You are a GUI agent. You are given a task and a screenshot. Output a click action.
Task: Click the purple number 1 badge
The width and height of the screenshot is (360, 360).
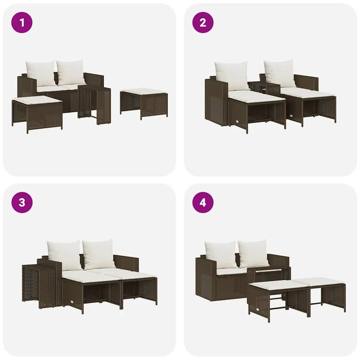22,23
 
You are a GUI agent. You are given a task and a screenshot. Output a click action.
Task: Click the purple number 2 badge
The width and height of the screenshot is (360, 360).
203,23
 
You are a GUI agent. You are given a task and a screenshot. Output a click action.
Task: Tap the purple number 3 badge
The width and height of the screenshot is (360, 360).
22,203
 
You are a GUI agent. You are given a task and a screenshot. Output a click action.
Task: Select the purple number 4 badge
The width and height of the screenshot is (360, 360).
203,203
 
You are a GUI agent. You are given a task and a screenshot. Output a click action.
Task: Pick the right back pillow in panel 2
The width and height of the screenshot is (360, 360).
280,73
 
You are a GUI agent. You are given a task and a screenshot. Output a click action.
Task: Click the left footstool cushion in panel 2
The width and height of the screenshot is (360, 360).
256,96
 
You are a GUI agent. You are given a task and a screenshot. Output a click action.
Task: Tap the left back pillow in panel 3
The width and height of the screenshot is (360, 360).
64,255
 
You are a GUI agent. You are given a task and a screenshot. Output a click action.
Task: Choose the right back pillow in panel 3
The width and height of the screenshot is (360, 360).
99,254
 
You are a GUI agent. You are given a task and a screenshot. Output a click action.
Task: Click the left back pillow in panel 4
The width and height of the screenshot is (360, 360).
221,254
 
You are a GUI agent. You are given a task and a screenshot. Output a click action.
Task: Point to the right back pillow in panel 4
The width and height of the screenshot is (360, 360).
253,253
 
